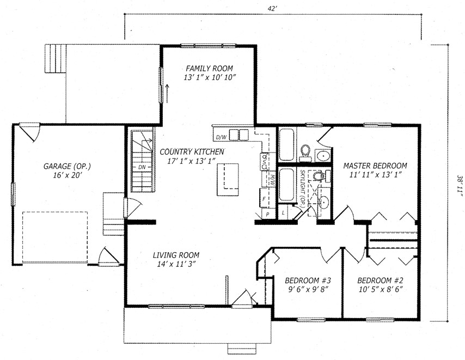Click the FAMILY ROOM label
point(210,69)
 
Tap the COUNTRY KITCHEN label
point(192,152)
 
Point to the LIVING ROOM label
point(176,255)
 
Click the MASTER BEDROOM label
point(375,166)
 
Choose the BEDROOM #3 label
point(308,280)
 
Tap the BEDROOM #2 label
point(380,280)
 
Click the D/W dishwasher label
point(221,137)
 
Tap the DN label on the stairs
point(142,167)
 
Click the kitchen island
point(228,179)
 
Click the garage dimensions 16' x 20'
point(68,175)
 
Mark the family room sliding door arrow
point(167,94)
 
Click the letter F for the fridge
point(264,199)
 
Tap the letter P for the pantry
point(268,214)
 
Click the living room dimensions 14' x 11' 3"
point(176,264)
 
